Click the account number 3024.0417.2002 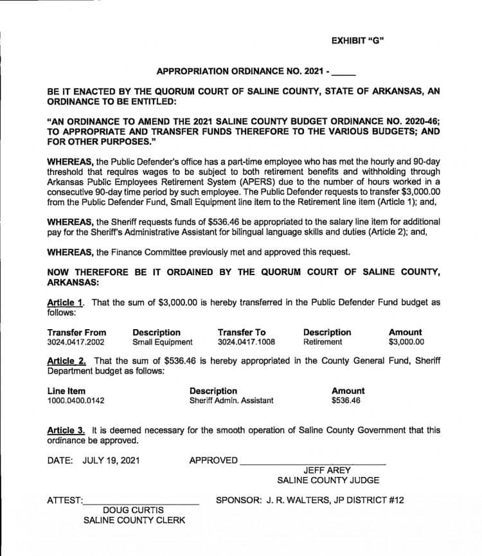76,343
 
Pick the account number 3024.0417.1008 246,343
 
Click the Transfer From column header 76,332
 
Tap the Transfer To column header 241,332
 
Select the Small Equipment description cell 162,343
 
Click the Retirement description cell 323,343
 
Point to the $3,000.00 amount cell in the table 406,343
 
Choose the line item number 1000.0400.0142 76,401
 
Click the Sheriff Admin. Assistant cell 231,401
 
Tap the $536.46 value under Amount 346,401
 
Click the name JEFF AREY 327,471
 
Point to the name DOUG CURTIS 134,510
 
